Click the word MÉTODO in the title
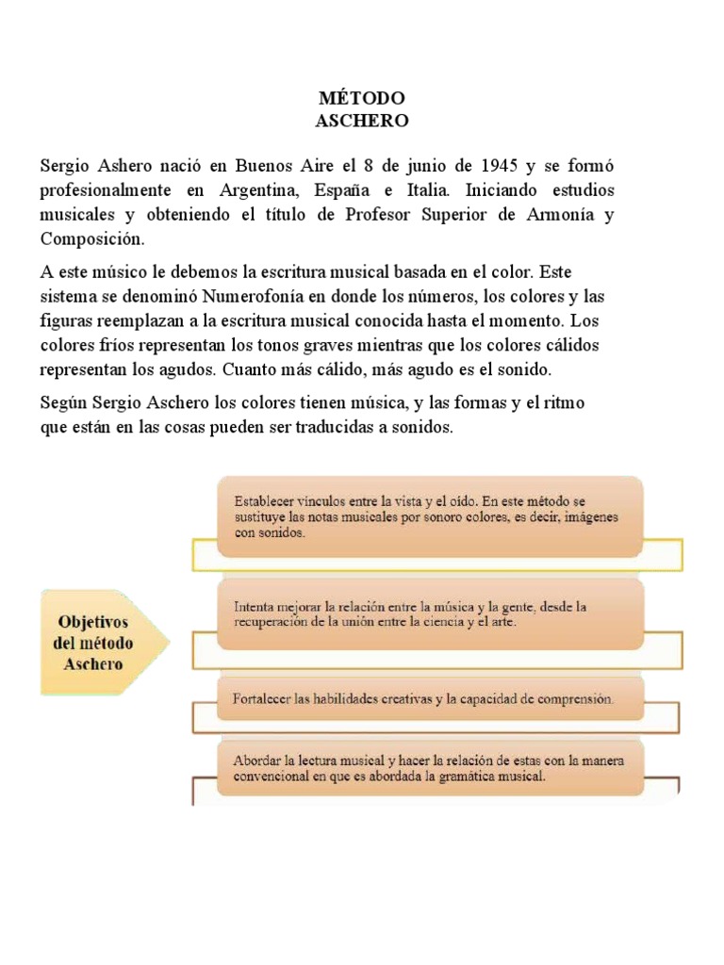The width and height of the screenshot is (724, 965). pyautogui.click(x=362, y=98)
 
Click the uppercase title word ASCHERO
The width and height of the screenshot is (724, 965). pyautogui.click(x=362, y=121)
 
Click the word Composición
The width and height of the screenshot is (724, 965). pyautogui.click(x=93, y=238)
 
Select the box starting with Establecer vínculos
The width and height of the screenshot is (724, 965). pyautogui.click(x=430, y=516)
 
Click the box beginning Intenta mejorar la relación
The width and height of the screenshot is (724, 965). pyautogui.click(x=430, y=614)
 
